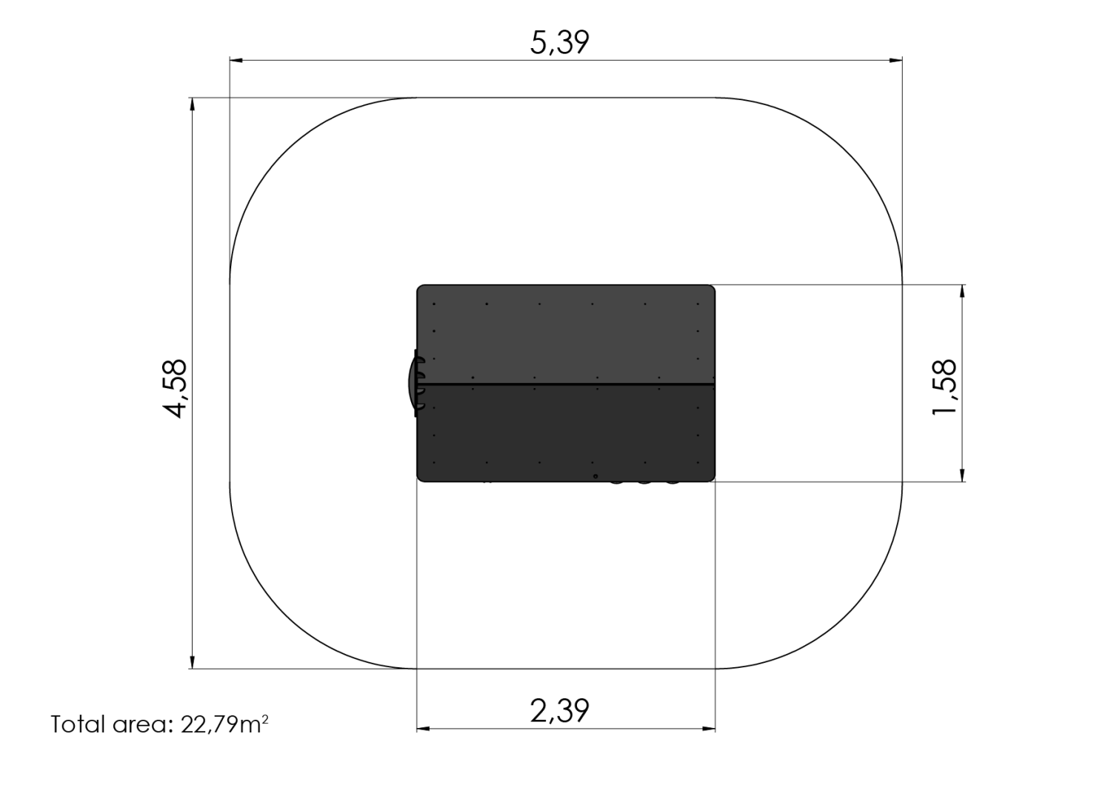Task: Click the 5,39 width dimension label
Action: (x=559, y=43)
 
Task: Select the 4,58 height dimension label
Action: (x=175, y=389)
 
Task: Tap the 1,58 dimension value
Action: (x=944, y=387)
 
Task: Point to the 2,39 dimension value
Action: (x=559, y=711)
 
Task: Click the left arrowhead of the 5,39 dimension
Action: (x=236, y=61)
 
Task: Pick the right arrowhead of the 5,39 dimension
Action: (x=895, y=61)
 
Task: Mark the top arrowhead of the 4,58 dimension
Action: (x=193, y=104)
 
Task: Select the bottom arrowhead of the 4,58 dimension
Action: (x=193, y=662)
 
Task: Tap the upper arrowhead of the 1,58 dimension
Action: (x=963, y=292)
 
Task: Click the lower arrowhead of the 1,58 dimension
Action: (x=963, y=475)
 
